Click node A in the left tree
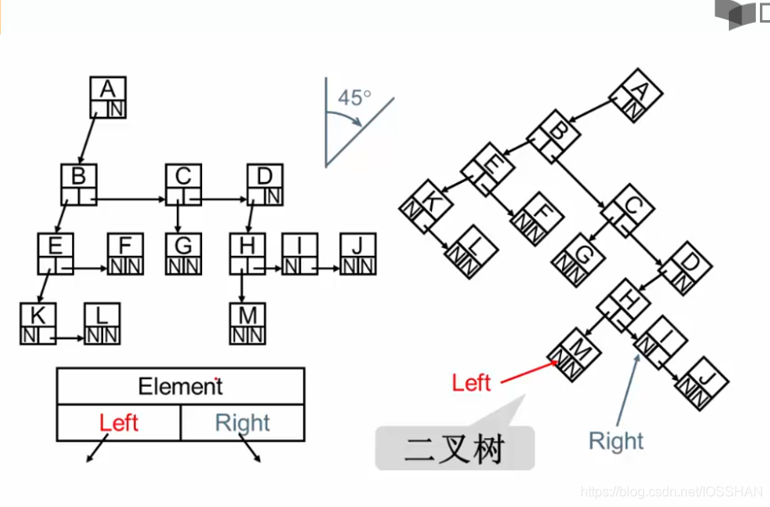pyautogui.click(x=107, y=97)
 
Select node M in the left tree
pyautogui.click(x=247, y=324)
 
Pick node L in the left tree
pyautogui.click(x=101, y=324)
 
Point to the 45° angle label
pyautogui.click(x=354, y=97)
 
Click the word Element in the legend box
pyautogui.click(x=180, y=387)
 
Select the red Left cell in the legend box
pyautogui.click(x=118, y=422)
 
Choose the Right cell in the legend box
pyautogui.click(x=242, y=422)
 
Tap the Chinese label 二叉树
pyautogui.click(x=454, y=449)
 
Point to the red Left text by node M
pyautogui.click(x=471, y=383)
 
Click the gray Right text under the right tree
pyautogui.click(x=616, y=441)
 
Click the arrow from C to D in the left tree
pyautogui.click(x=222, y=200)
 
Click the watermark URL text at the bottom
pyautogui.click(x=670, y=492)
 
